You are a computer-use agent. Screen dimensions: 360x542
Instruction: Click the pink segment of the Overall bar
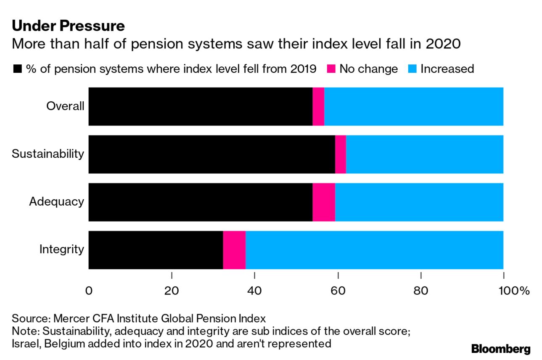point(318,106)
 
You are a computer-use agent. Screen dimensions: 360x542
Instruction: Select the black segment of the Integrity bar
point(156,250)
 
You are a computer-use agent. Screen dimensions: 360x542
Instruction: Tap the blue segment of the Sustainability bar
point(424,154)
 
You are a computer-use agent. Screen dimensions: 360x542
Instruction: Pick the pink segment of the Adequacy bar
point(323,202)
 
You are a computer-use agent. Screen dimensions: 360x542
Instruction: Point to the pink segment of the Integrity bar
point(234,250)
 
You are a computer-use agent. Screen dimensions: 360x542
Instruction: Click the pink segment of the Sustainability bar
point(340,154)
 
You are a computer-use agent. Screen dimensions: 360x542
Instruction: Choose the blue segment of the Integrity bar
point(374,250)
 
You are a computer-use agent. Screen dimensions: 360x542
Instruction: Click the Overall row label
point(65,106)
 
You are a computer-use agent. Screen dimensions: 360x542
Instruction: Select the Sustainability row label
point(48,154)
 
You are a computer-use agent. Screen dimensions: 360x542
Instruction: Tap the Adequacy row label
point(56,202)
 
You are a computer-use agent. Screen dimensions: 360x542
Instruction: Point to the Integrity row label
point(61,249)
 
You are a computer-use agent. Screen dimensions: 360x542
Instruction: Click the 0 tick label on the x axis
point(89,291)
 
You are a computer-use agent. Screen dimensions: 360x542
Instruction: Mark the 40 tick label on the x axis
point(255,291)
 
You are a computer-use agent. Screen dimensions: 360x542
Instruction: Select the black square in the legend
point(17,69)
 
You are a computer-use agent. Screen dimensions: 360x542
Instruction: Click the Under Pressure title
point(68,26)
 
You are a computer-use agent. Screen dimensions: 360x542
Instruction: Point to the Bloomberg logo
point(501,349)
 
